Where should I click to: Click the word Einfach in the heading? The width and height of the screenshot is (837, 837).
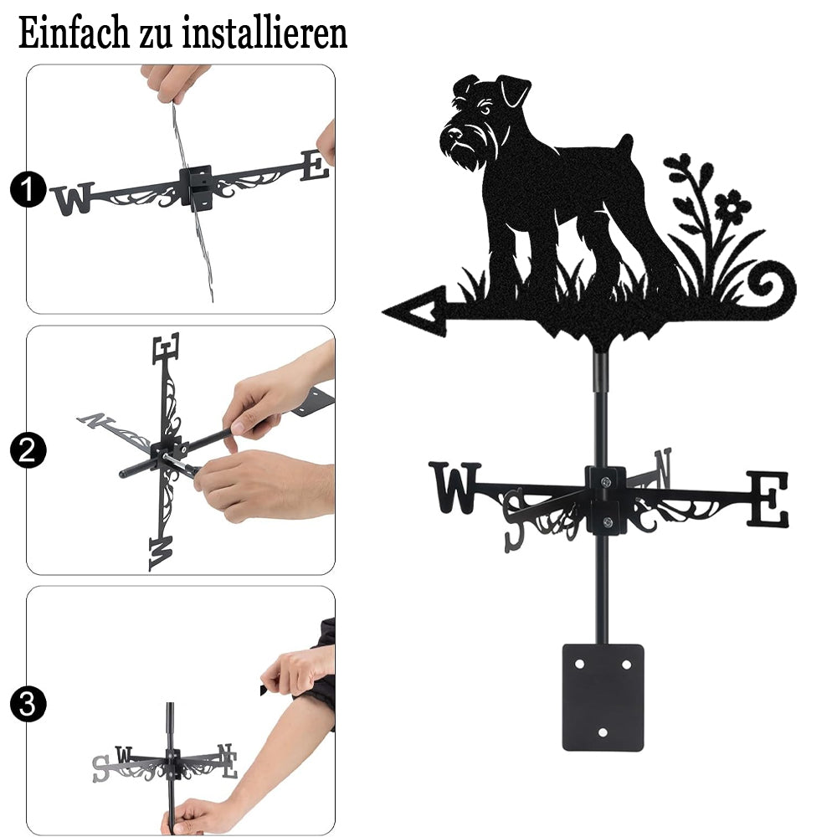[74, 33]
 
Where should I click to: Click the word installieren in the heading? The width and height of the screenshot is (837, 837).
[264, 33]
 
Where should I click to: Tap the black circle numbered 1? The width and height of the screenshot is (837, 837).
[28, 189]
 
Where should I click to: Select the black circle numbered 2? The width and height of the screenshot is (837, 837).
[28, 451]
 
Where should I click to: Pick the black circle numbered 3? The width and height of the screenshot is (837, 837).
[28, 705]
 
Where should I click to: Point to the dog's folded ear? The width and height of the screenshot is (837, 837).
[514, 90]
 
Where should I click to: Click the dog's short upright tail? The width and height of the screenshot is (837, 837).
[624, 144]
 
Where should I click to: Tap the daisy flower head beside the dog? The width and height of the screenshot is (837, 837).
[732, 206]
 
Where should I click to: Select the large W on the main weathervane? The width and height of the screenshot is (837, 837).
[454, 488]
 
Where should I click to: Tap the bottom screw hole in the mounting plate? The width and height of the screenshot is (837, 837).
[603, 732]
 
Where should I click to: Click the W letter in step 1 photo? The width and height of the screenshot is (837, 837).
[72, 198]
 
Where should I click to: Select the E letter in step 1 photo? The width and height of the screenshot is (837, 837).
[315, 166]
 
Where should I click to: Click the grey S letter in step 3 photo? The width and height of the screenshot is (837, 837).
[101, 769]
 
